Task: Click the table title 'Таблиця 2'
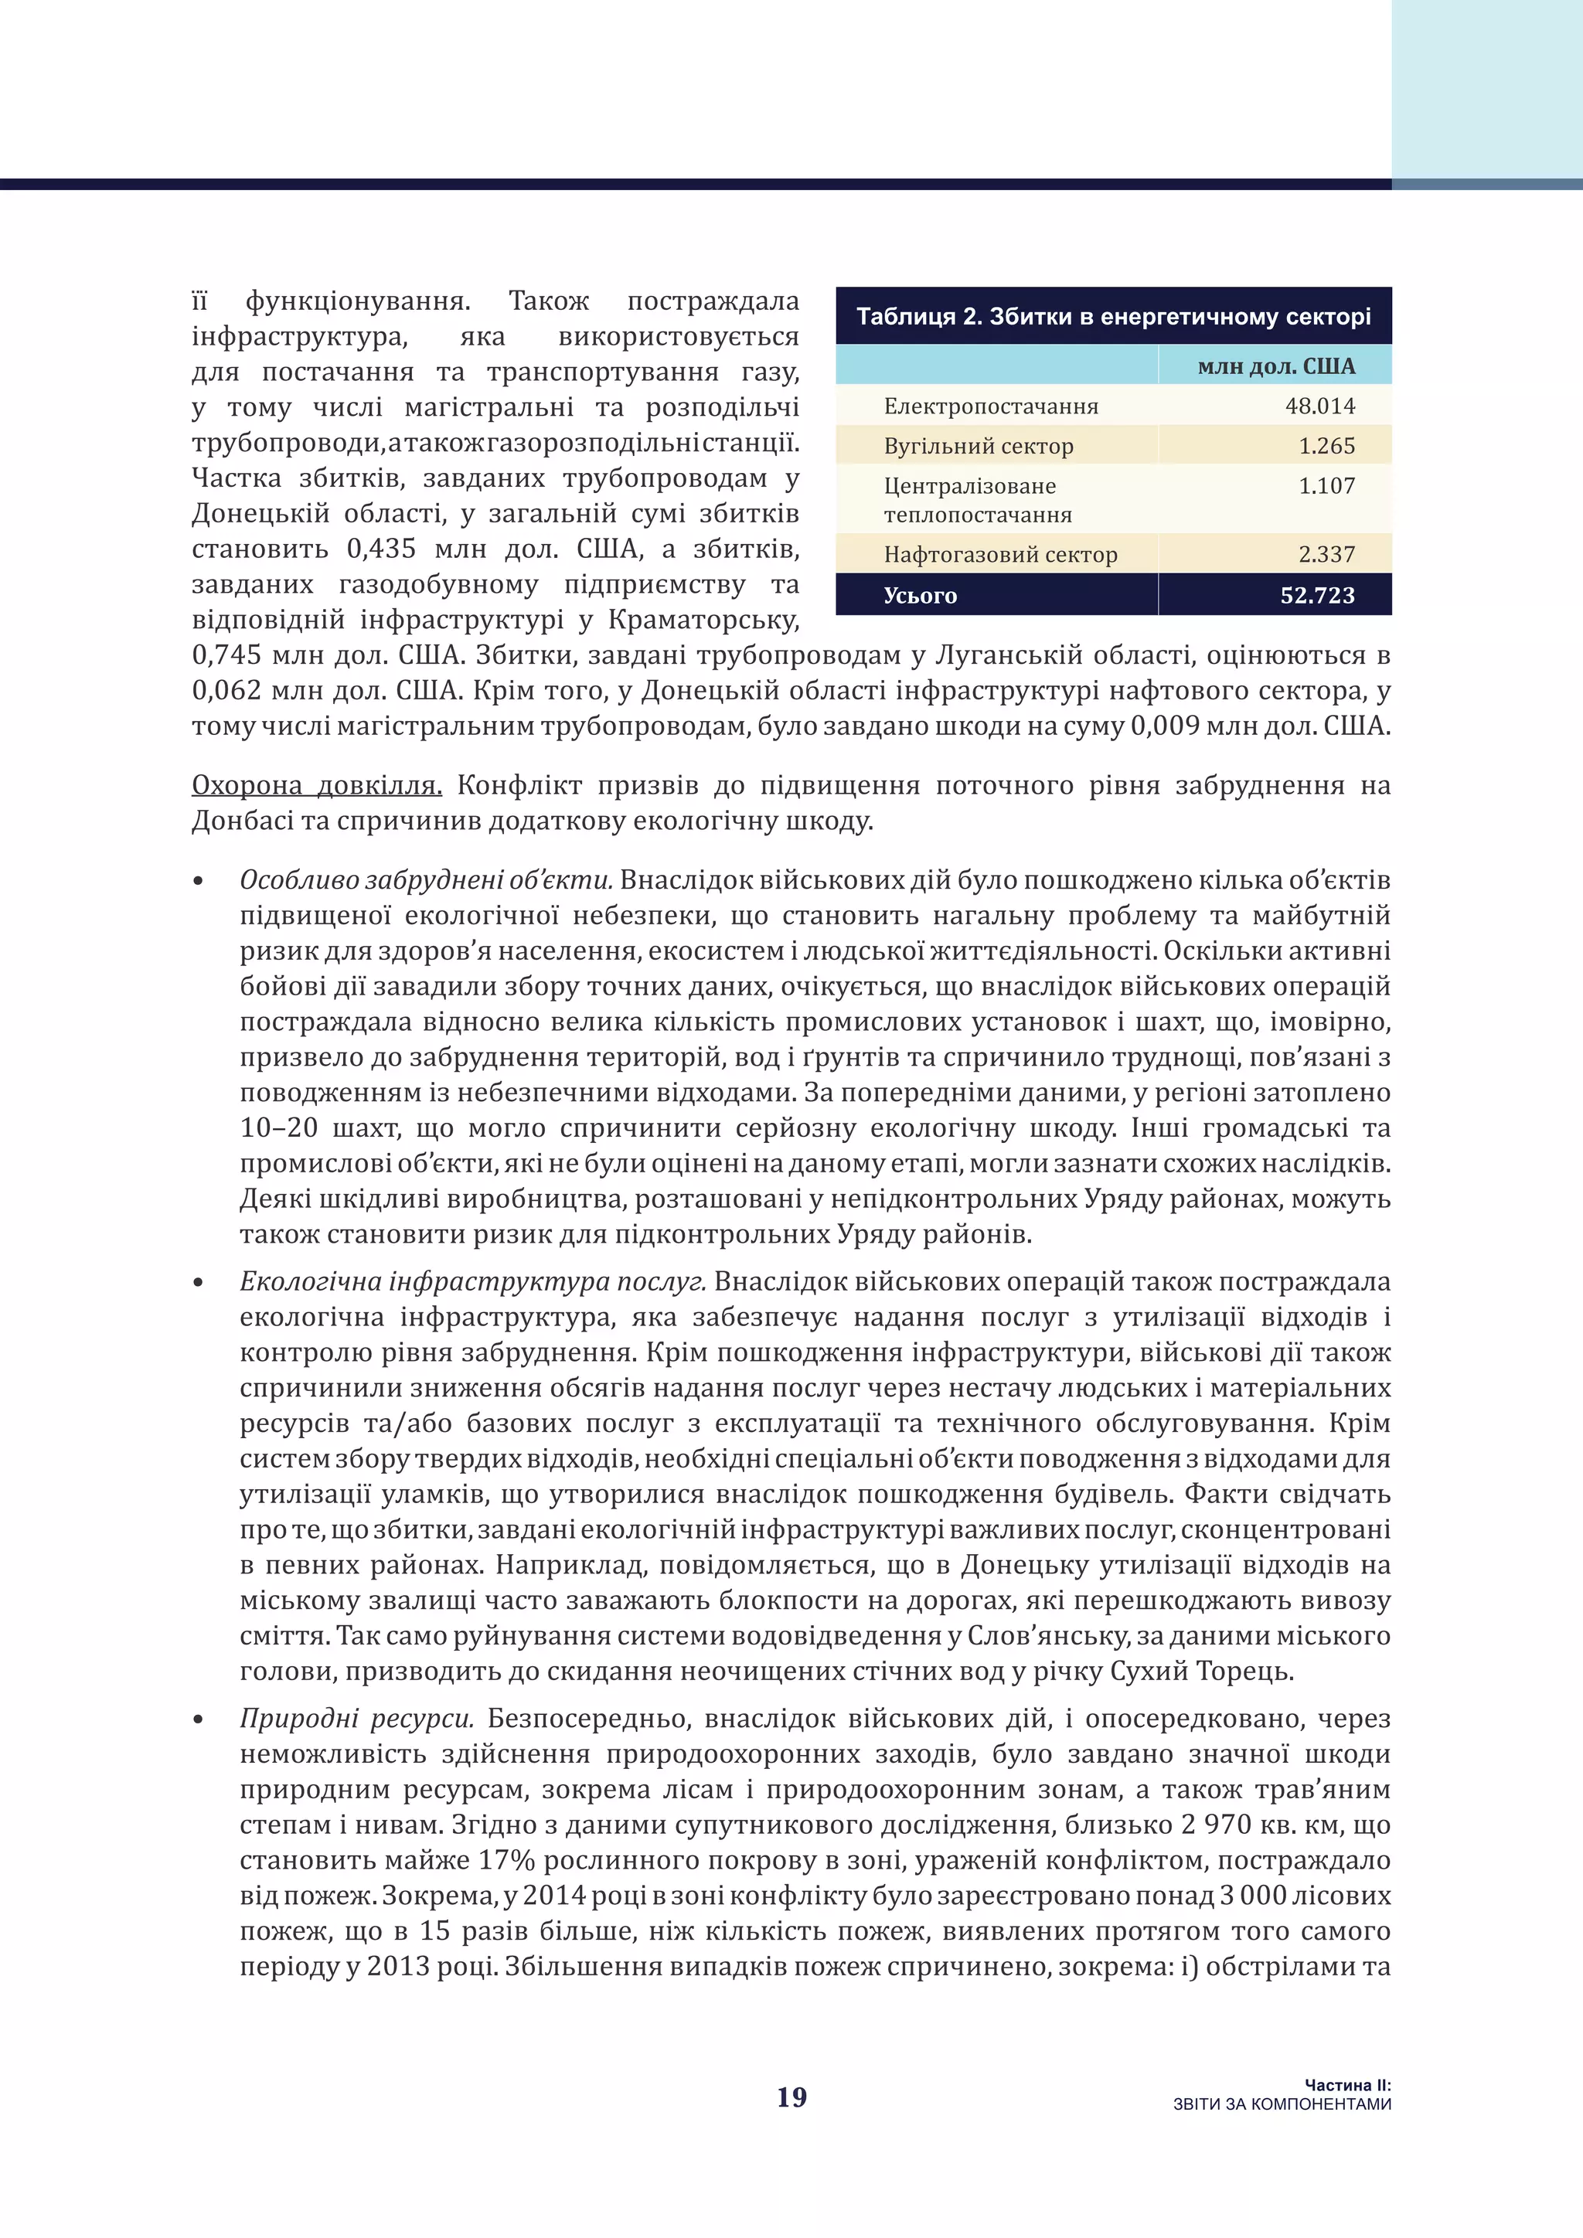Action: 1113,317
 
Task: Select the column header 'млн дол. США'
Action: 1276,366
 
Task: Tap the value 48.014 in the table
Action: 1320,406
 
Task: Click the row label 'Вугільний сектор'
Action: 978,447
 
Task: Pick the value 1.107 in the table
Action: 1326,485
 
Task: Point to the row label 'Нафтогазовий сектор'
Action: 1000,555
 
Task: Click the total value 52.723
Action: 1317,596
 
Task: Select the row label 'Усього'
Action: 919,596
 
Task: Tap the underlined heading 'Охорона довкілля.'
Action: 317,786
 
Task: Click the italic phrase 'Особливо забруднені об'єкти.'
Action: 426,880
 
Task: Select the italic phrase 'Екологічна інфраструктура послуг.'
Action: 473,1282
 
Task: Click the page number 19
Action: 791,2097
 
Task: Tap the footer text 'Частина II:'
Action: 1347,2085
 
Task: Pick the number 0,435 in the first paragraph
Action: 381,549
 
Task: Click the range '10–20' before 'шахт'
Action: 279,1128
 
